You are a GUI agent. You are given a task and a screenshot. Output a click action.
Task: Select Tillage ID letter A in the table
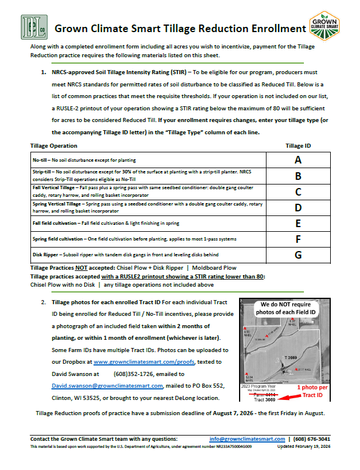[298, 160]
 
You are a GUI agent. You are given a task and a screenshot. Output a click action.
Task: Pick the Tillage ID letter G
[298, 255]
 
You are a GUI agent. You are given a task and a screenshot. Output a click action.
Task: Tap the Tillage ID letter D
[298, 207]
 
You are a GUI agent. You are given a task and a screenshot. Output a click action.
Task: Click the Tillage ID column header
[298, 145]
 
